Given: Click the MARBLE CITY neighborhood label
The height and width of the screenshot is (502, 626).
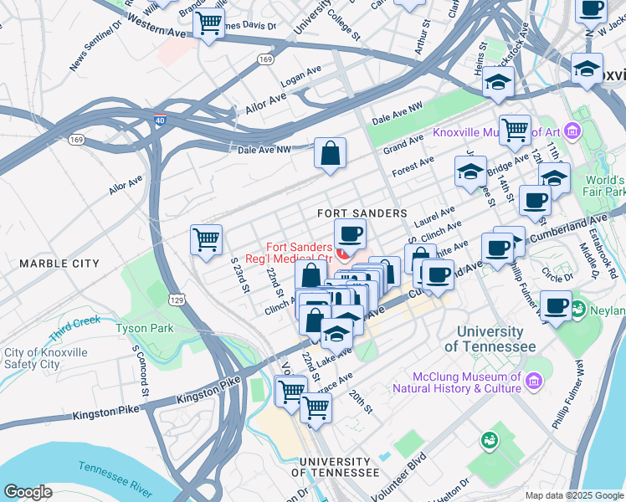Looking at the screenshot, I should coord(59,264).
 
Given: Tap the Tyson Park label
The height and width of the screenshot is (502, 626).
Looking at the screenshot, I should coord(146,328).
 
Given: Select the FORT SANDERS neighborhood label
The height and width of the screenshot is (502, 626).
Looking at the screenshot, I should coord(362,214).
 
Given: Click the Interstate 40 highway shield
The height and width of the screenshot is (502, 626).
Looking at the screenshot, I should coord(160,121).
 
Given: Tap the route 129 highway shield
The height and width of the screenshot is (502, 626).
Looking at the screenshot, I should coord(177,300).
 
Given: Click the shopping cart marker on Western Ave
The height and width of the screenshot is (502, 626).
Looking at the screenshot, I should coord(208,23).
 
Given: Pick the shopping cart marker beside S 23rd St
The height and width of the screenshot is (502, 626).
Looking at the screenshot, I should coord(206,240).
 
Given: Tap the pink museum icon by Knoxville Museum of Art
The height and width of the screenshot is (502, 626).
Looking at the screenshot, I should coord(572,131).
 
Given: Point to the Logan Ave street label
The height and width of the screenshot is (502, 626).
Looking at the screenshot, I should coord(302,74).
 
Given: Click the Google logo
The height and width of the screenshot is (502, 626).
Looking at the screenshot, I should coord(28,491).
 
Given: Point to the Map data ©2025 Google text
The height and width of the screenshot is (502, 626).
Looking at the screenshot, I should coord(574,495).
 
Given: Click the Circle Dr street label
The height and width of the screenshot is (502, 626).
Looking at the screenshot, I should coord(557,273).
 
